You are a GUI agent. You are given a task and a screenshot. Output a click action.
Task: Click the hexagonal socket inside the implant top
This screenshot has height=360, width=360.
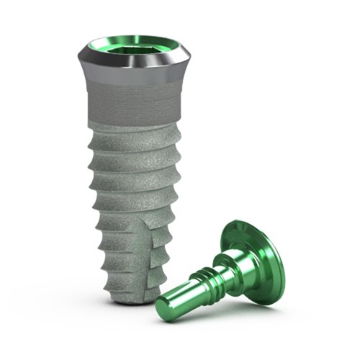click(134, 49)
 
